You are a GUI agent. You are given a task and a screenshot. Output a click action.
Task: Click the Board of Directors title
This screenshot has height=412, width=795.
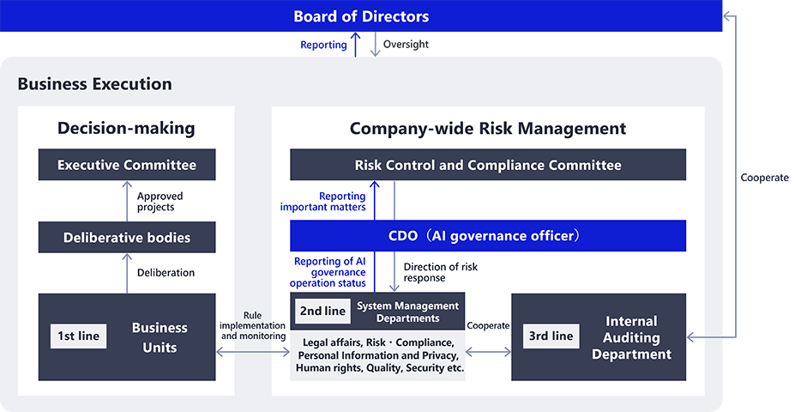(361, 16)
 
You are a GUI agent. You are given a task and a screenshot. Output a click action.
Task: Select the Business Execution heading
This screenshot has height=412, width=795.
(94, 84)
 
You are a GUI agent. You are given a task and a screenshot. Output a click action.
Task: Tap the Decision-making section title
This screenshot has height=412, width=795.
(126, 129)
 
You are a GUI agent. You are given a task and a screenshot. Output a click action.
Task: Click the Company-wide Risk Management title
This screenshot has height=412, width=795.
(487, 129)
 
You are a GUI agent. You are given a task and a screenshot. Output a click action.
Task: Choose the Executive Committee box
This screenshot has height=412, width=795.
(127, 165)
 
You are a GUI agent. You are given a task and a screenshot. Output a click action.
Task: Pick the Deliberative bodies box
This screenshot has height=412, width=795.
(127, 238)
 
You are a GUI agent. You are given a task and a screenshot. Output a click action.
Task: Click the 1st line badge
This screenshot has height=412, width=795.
(78, 336)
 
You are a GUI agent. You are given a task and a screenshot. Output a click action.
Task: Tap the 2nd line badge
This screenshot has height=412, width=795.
(322, 312)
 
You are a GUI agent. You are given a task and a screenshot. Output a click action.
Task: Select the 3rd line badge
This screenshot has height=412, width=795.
(550, 336)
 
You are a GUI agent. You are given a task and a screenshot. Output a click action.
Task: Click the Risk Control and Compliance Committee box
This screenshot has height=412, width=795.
(487, 165)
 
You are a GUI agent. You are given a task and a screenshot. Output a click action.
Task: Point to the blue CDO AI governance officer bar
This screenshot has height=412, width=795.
(487, 236)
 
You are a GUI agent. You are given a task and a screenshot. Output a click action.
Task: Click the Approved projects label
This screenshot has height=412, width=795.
(160, 202)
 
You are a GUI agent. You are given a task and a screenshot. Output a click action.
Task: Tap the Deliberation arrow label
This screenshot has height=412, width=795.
(166, 273)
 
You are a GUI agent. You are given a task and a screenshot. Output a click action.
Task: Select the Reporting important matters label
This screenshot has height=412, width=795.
(323, 202)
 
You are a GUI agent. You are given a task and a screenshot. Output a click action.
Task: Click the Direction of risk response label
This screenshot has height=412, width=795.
(440, 272)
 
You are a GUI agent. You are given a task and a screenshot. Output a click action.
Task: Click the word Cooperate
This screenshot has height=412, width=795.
(488, 326)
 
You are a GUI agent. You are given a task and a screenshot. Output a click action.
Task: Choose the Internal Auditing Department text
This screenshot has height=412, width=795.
(631, 336)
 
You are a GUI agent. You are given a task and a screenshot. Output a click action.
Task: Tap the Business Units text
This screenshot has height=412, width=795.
(160, 337)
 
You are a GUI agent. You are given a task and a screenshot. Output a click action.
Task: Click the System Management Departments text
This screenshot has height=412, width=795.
(407, 312)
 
